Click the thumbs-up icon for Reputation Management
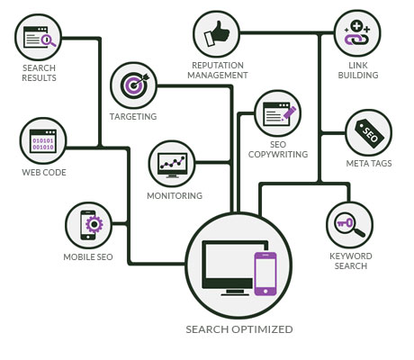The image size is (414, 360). pyautogui.click(x=217, y=33)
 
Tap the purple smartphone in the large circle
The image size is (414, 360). pyautogui.click(x=265, y=274)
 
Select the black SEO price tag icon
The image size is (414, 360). pyautogui.click(x=369, y=134)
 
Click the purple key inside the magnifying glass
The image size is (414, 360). pyautogui.click(x=345, y=223)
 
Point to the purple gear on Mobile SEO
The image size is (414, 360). pyautogui.click(x=94, y=224)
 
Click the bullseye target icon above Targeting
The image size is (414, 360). pyautogui.click(x=134, y=85)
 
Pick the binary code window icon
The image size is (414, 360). pyautogui.click(x=43, y=141)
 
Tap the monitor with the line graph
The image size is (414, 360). pyautogui.click(x=173, y=165)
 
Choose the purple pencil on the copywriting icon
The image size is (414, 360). pyautogui.click(x=289, y=113)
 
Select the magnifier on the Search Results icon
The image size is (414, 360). pyautogui.click(x=48, y=40)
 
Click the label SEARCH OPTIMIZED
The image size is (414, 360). pyautogui.click(x=239, y=329)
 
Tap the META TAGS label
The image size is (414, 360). pyautogui.click(x=369, y=164)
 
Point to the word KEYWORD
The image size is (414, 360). pyautogui.click(x=351, y=256)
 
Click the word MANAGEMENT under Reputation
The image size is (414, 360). pyautogui.click(x=218, y=75)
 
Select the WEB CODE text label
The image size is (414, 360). pyautogui.click(x=44, y=173)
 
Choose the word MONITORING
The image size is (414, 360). pyautogui.click(x=175, y=196)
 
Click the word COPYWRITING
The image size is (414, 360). pyautogui.click(x=278, y=155)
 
